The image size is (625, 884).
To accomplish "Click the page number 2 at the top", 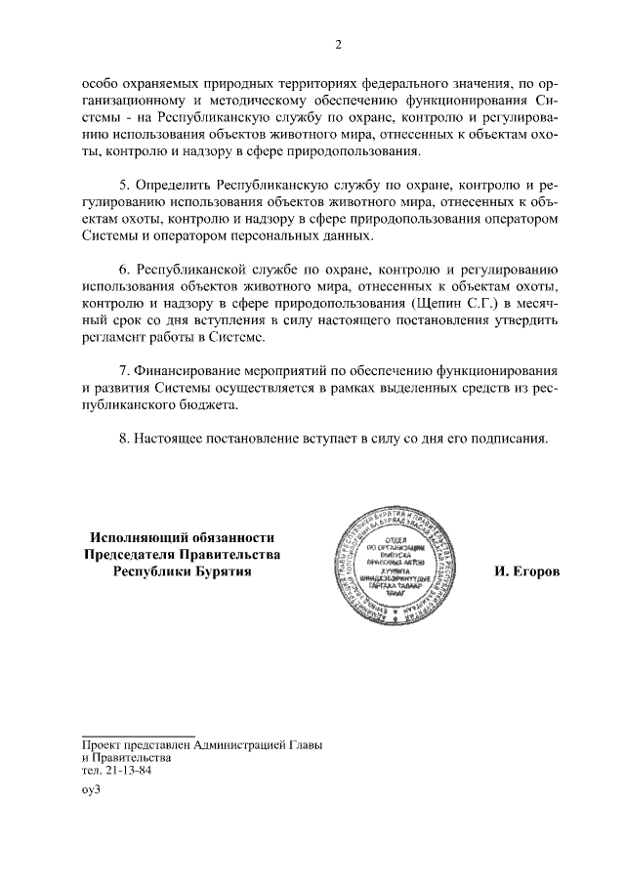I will pyautogui.click(x=337, y=45).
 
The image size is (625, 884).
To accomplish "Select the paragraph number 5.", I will pyautogui.click(x=123, y=185).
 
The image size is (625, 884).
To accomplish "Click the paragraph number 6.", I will pyautogui.click(x=123, y=269).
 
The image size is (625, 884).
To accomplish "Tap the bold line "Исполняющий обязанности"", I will pyautogui.click(x=181, y=537).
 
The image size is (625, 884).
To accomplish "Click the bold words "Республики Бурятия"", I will pyautogui.click(x=181, y=571).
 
